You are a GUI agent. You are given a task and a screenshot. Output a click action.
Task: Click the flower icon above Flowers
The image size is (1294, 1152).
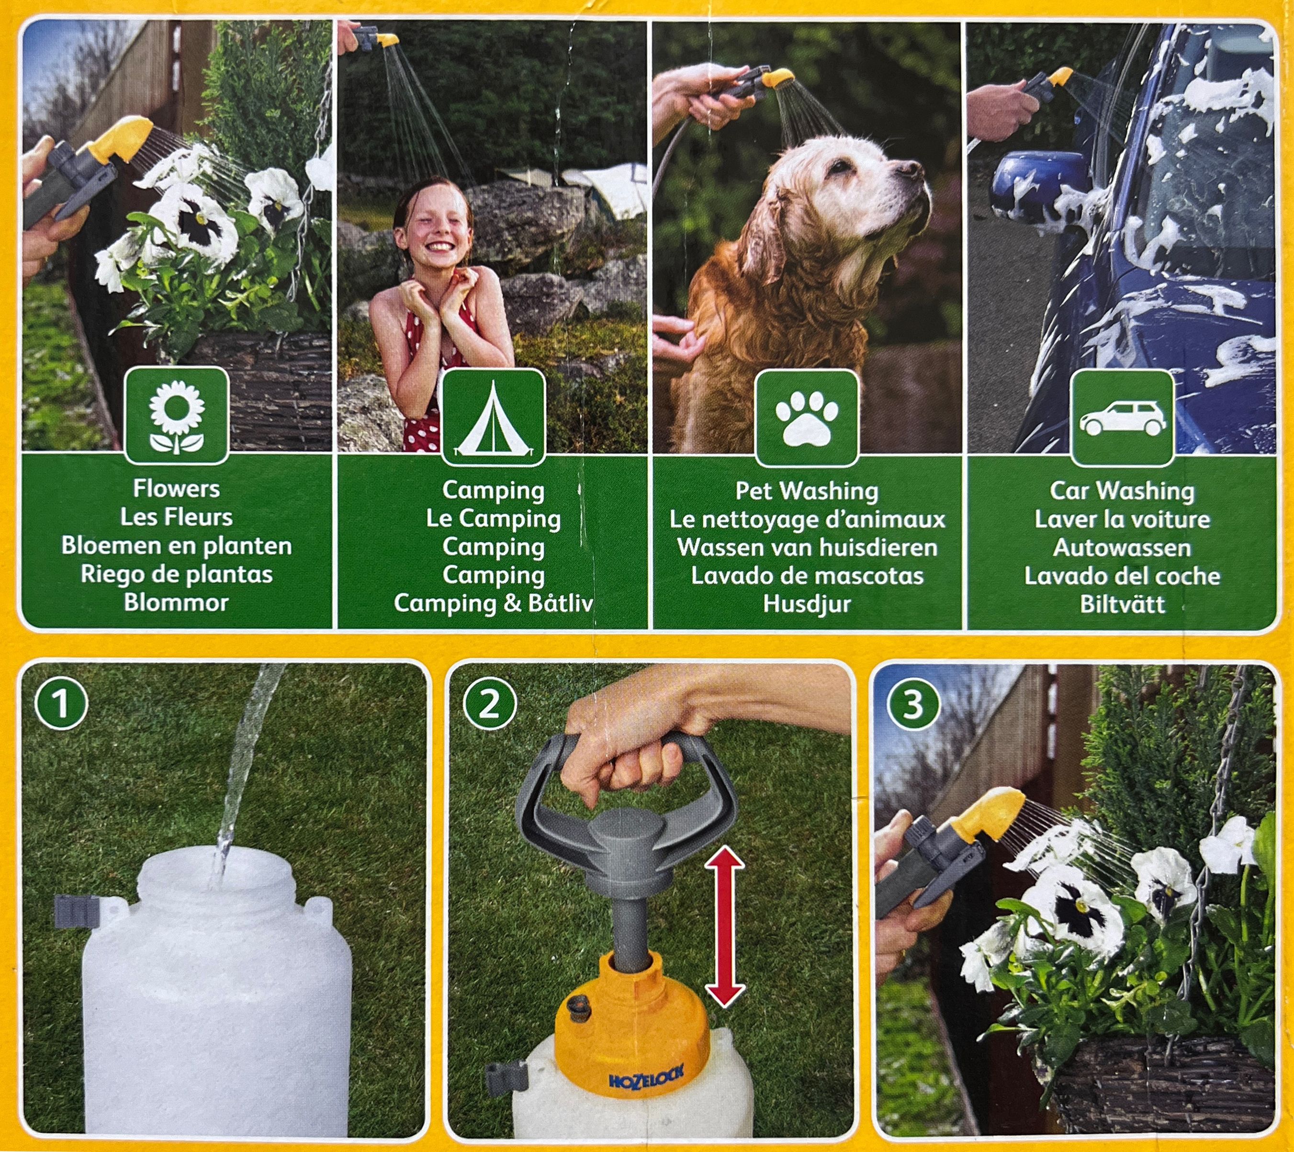177,416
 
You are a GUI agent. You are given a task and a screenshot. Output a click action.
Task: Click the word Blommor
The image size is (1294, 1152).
176,602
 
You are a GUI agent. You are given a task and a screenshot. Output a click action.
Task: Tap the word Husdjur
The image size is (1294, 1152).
807,604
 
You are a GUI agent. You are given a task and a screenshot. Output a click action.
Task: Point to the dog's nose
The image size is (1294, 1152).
910,168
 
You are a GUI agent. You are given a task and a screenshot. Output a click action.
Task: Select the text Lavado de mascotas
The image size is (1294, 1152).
807,576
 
